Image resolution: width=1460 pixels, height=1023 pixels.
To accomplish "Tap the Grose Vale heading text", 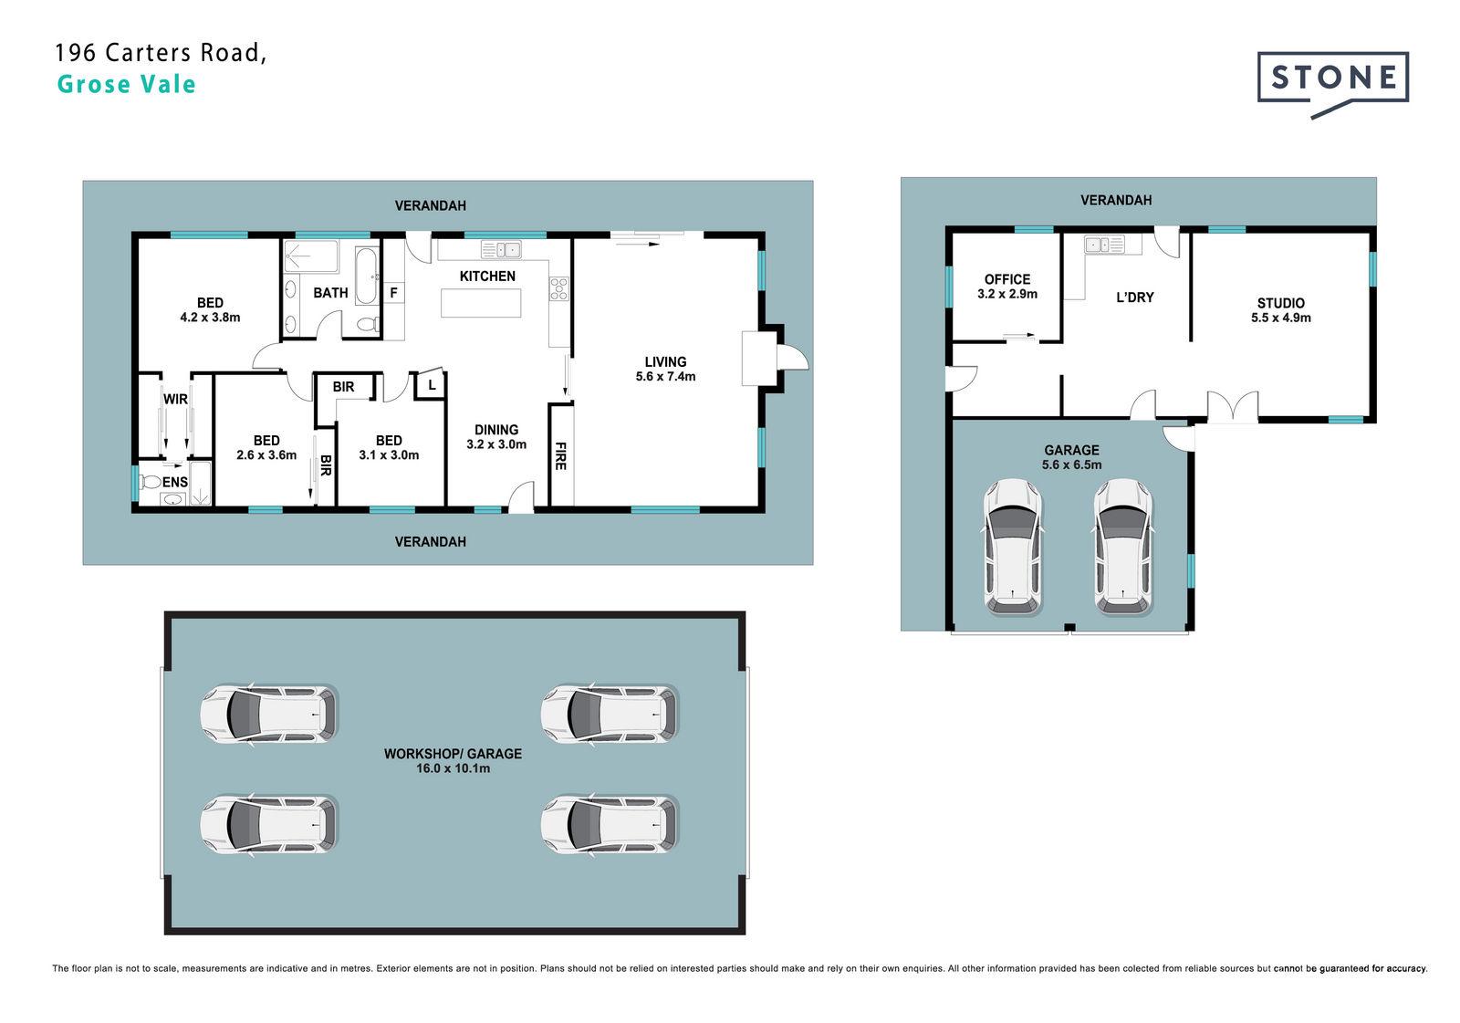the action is click(127, 84).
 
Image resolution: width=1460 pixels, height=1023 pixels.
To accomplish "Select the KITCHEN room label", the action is click(487, 276).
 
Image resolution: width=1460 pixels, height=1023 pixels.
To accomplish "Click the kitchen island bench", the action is click(481, 303).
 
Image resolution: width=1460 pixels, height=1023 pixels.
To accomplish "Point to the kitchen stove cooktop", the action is click(558, 289).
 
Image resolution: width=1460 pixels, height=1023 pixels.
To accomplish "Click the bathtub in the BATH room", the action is click(366, 276).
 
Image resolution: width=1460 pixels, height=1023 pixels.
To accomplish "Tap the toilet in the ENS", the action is click(151, 482).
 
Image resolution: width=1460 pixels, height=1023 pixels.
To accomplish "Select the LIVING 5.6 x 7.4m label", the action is click(665, 369).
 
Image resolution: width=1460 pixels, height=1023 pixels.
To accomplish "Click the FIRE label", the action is click(560, 455).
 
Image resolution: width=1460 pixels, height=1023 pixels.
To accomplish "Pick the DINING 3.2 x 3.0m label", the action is click(496, 437).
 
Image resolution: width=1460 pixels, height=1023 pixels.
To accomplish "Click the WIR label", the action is click(175, 399).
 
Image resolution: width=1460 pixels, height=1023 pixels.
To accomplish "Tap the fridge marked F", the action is click(393, 293).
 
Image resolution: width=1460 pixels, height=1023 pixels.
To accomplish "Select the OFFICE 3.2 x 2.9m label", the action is click(1007, 287).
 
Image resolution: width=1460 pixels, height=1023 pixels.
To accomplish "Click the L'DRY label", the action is click(1135, 298).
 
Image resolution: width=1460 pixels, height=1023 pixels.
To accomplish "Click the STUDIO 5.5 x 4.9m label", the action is click(1281, 310).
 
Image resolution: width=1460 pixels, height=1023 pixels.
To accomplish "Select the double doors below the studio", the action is click(1233, 407).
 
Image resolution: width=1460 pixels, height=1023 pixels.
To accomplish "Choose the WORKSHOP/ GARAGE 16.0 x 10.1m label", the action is click(453, 761).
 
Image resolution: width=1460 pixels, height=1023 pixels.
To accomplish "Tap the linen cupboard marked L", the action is click(432, 385).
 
